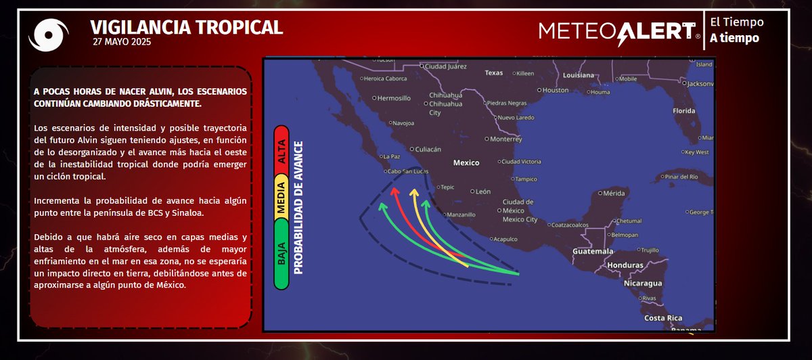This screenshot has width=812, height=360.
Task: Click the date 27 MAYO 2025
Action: pyautogui.click(x=122, y=42)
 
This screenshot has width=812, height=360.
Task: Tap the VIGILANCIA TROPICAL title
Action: pyautogui.click(x=186, y=26)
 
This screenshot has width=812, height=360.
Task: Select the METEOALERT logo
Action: pyautogui.click(x=619, y=31)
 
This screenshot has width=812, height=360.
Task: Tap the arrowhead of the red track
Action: pyautogui.click(x=394, y=192)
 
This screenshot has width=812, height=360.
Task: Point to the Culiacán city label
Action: pyautogui.click(x=427, y=149)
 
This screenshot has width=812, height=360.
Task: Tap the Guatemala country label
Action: pyautogui.click(x=593, y=251)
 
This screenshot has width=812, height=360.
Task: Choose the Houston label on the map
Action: pyautogui.click(x=556, y=90)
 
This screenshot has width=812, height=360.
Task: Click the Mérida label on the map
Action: pyautogui.click(x=614, y=193)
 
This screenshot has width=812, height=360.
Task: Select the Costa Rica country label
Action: pyautogui.click(x=663, y=318)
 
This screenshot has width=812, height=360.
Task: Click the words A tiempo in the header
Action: pyautogui.click(x=734, y=38)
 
